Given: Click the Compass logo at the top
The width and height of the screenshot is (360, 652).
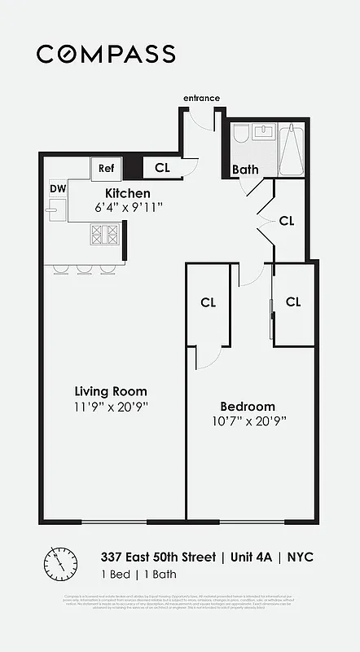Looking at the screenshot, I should click(x=106, y=54).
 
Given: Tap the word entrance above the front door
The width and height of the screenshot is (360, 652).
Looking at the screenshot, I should click(x=201, y=99).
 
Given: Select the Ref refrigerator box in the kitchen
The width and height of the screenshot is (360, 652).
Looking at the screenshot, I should click(x=106, y=168).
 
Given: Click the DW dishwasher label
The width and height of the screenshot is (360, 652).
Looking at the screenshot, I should click(x=57, y=188).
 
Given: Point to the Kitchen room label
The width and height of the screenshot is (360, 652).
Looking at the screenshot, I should click(x=128, y=193).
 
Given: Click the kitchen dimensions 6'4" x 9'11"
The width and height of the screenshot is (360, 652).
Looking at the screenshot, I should click(x=129, y=208).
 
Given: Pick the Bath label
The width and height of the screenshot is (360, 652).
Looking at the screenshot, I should click(x=245, y=170).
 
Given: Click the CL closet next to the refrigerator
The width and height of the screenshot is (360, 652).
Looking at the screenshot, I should click(x=162, y=168).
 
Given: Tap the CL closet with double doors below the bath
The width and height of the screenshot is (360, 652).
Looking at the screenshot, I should click(x=286, y=220).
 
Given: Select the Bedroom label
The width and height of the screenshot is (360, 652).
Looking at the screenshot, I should click(x=248, y=406).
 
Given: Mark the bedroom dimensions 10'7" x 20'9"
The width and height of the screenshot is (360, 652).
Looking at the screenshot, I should click(x=248, y=421).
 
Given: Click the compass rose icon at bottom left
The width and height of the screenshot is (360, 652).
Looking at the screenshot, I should click(x=60, y=562).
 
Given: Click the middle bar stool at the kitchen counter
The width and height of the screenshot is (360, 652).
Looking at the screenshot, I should click(x=84, y=269).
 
